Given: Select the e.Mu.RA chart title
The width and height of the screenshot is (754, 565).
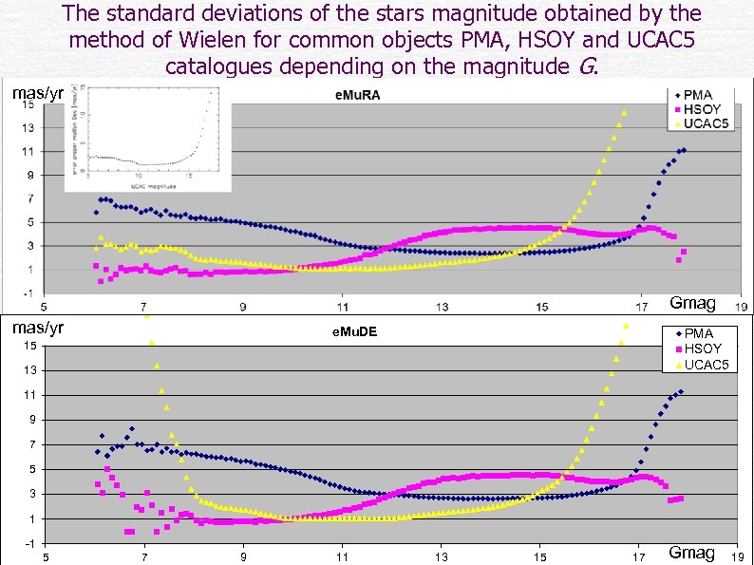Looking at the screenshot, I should tap(357, 96).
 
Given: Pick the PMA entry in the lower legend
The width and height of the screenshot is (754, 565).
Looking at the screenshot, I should tap(698, 333).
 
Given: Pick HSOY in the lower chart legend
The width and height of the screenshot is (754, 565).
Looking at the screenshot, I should tap(702, 348).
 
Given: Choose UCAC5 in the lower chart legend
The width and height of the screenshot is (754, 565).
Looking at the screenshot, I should tap(705, 364).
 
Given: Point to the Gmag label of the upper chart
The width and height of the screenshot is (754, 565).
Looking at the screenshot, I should tap(692, 303).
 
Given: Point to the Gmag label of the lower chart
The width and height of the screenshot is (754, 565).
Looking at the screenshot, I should tap(691, 553).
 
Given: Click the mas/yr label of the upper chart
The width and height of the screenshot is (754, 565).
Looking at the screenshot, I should tap(37, 93).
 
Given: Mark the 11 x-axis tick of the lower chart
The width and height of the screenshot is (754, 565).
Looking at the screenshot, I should tap(343, 557).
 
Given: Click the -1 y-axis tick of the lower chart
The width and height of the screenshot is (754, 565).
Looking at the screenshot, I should tap(31, 543).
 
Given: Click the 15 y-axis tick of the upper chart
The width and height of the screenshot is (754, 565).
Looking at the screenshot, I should tap(29, 104).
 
